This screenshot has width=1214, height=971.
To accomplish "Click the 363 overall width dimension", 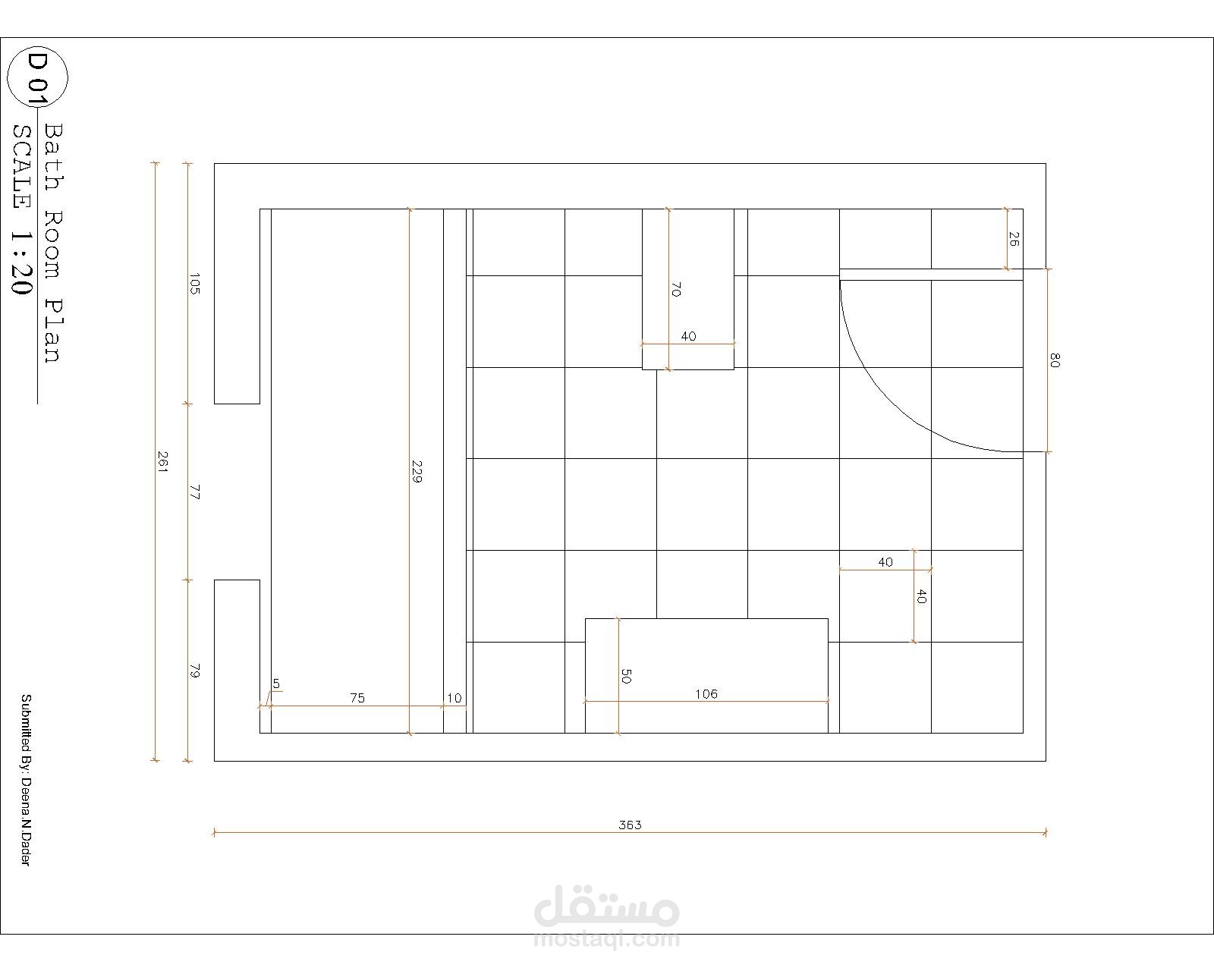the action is click(x=630, y=825).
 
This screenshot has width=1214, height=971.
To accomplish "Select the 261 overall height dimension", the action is click(x=162, y=461).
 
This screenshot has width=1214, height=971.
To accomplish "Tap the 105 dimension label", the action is click(x=194, y=284).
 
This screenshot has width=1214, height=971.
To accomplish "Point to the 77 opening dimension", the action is click(x=194, y=492).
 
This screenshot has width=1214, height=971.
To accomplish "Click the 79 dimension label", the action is click(x=194, y=671).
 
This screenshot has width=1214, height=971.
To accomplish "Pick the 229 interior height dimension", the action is click(x=417, y=472).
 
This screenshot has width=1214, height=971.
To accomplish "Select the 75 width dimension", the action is click(x=357, y=698).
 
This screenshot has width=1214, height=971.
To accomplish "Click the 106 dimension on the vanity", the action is click(x=706, y=694).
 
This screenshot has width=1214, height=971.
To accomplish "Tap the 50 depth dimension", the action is click(x=626, y=676).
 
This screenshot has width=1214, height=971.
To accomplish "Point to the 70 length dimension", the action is click(x=676, y=290).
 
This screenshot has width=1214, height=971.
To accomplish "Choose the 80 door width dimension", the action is click(x=1055, y=360).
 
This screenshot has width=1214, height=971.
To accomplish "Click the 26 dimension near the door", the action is click(x=1013, y=239).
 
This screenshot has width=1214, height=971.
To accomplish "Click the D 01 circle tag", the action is click(x=37, y=77).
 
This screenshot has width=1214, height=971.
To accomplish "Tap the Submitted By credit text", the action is click(x=26, y=780).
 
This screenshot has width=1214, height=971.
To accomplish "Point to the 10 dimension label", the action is click(x=454, y=698).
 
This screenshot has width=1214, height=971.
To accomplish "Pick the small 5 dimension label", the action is click(x=276, y=683).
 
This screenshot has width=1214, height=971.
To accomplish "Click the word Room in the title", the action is click(x=54, y=246).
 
